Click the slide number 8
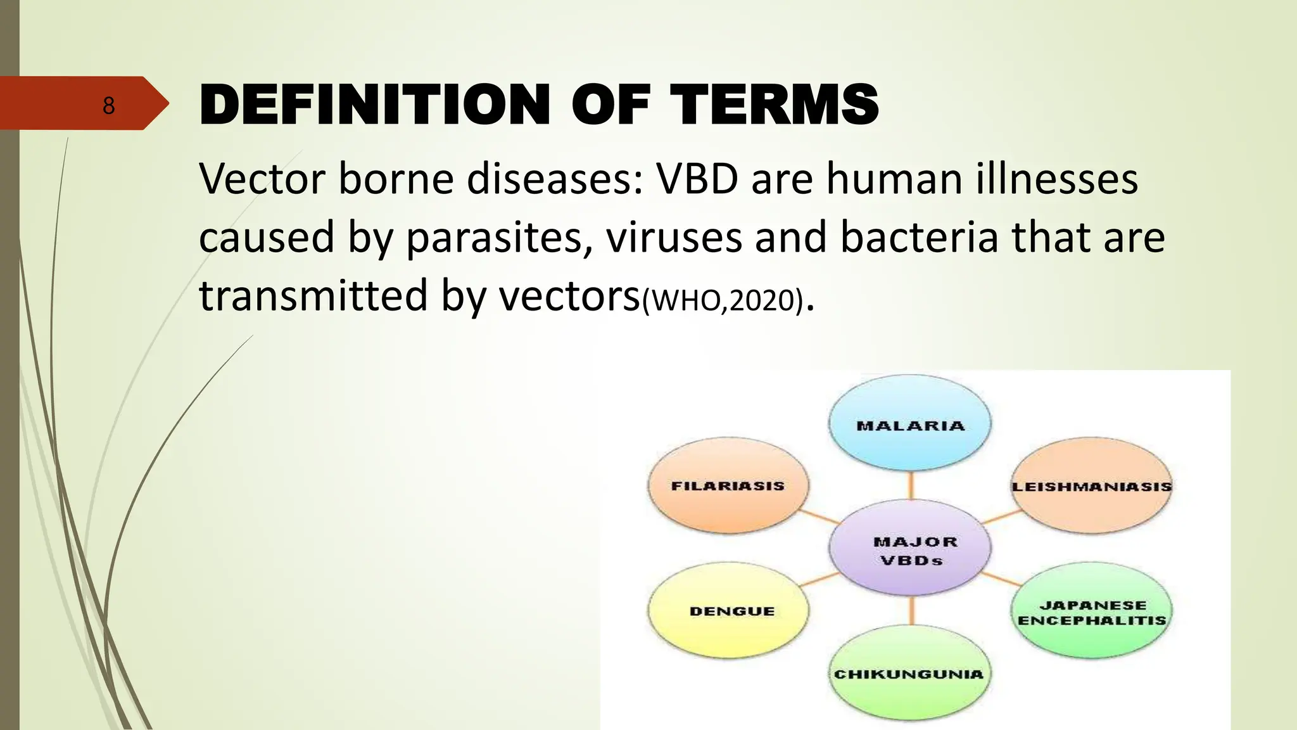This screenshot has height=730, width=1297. coord(108,105)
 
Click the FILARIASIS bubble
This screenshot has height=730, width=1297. coord(728,486)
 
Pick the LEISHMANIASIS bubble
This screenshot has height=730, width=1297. coord(1091,487)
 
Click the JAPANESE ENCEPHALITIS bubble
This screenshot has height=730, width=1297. coord(1091,612)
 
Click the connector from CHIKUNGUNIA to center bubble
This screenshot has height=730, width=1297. coord(911,610)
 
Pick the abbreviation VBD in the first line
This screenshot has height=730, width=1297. coord(697,179)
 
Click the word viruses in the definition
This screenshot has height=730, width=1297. coord(673,238)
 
